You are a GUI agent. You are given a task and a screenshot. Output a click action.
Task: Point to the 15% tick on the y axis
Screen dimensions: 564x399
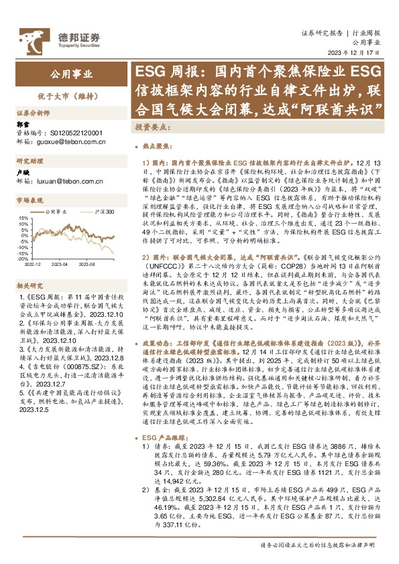pos(23,218)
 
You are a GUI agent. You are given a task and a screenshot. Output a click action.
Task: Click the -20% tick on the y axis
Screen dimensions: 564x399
pos(22,259)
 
